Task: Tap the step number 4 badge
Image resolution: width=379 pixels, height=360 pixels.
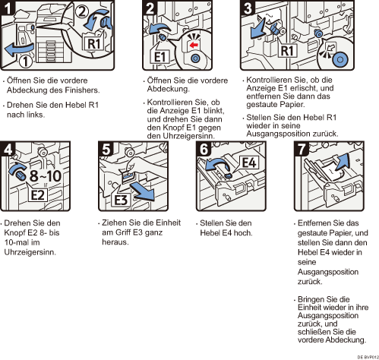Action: click(x=8, y=149)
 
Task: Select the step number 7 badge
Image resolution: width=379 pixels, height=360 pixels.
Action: click(x=302, y=149)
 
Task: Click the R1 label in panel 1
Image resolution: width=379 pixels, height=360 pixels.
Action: click(x=93, y=43)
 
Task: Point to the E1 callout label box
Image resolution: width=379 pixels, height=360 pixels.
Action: click(x=159, y=57)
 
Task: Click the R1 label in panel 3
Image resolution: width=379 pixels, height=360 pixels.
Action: click(x=287, y=51)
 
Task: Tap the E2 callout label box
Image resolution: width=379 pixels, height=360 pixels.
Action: click(x=38, y=195)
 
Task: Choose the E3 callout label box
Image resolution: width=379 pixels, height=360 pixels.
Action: click(x=121, y=200)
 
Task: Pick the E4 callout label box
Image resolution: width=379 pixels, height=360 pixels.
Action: click(x=249, y=163)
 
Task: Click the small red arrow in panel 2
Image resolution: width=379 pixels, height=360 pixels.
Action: click(x=194, y=46)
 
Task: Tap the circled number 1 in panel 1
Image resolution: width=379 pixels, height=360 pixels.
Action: click(x=26, y=61)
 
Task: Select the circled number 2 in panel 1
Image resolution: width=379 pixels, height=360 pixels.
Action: click(x=81, y=11)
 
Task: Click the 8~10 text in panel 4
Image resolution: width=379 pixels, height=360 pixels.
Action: click(x=46, y=175)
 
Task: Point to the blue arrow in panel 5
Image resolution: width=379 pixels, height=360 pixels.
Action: click(x=142, y=192)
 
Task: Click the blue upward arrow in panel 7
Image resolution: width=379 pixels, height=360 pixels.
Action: click(x=342, y=162)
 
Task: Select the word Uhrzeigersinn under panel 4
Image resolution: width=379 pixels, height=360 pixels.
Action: click(x=30, y=252)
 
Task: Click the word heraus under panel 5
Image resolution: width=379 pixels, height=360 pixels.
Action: click(x=115, y=242)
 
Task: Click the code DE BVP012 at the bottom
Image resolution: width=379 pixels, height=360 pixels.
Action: click(x=368, y=357)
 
